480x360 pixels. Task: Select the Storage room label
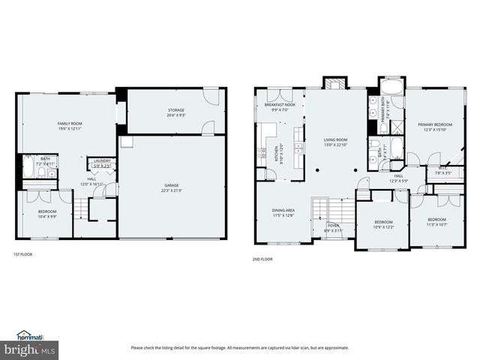[175, 110]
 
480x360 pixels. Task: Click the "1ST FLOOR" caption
[22, 254]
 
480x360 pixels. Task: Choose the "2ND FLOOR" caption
[262, 259]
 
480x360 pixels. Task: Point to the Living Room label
[335, 139]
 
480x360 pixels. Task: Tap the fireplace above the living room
[332, 82]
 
